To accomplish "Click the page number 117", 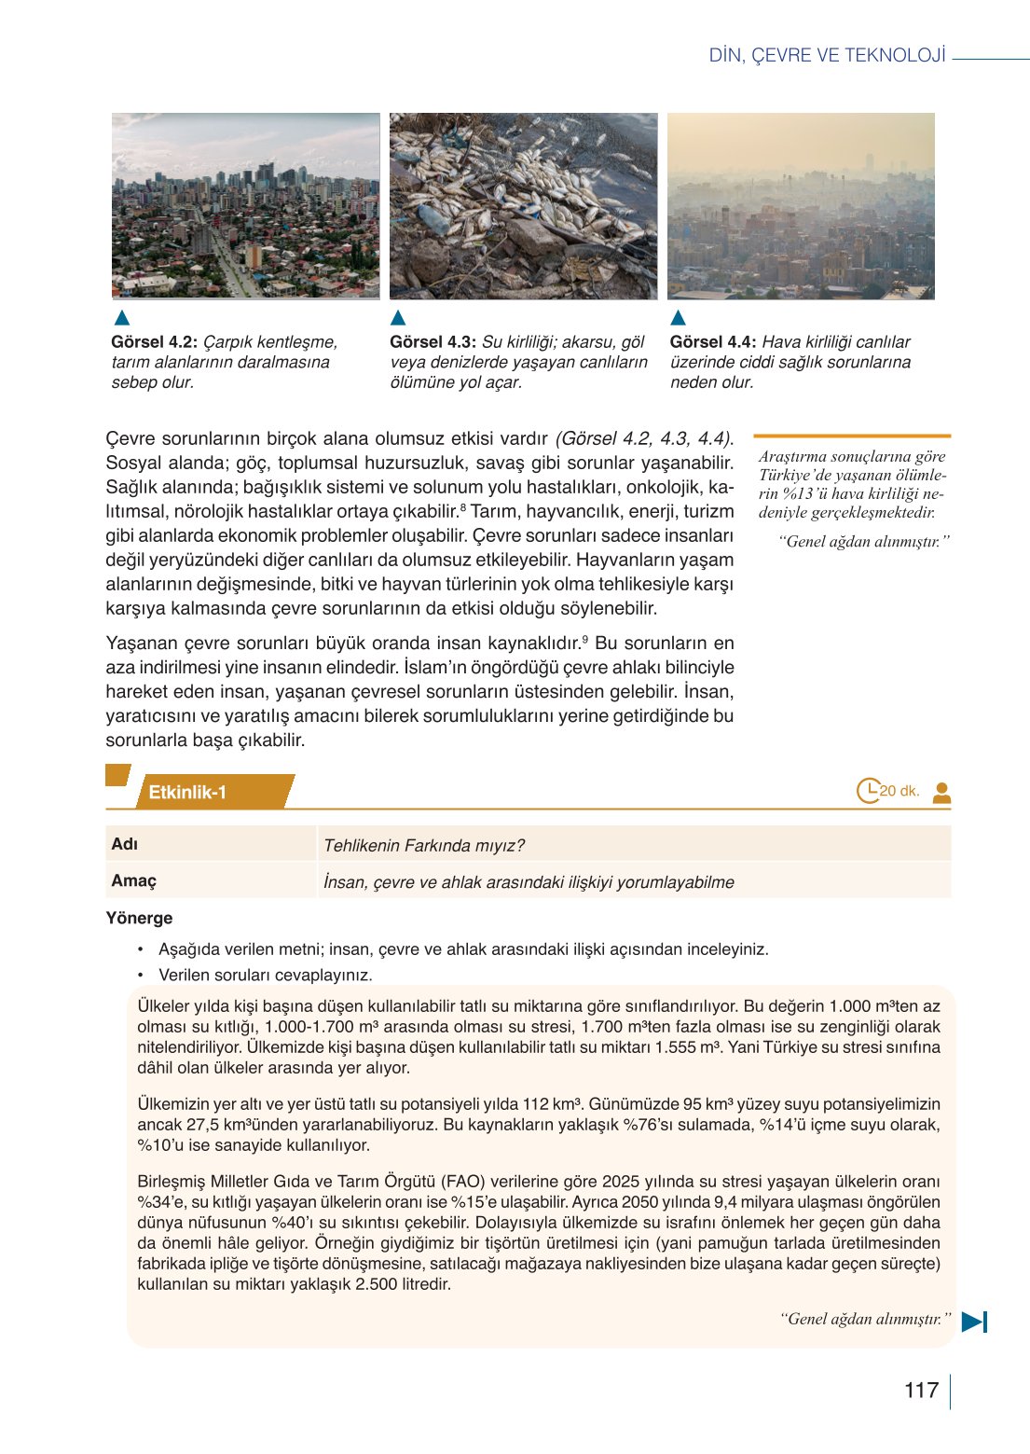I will pyautogui.click(x=921, y=1391).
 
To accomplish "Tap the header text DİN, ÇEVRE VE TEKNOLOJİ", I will pyautogui.click(x=827, y=55).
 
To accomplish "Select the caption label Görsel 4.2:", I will pyautogui.click(x=154, y=342).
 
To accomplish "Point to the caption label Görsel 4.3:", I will pyautogui.click(x=433, y=342).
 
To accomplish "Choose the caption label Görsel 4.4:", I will pyautogui.click(x=712, y=342).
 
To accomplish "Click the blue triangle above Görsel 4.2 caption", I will pyautogui.click(x=121, y=317).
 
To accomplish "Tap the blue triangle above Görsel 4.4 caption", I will pyautogui.click(x=679, y=317).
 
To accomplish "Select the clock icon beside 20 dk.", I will pyautogui.click(x=868, y=791).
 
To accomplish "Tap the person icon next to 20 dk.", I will pyautogui.click(x=941, y=792).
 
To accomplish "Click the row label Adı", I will pyautogui.click(x=124, y=844).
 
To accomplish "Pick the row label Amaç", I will pyautogui.click(x=133, y=880).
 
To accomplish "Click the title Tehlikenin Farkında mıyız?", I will pyautogui.click(x=423, y=846).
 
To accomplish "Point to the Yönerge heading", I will pyautogui.click(x=139, y=918).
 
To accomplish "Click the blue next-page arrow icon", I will pyautogui.click(x=974, y=1321).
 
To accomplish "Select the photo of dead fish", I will pyautogui.click(x=523, y=206).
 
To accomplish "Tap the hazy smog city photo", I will pyautogui.click(x=801, y=206).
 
